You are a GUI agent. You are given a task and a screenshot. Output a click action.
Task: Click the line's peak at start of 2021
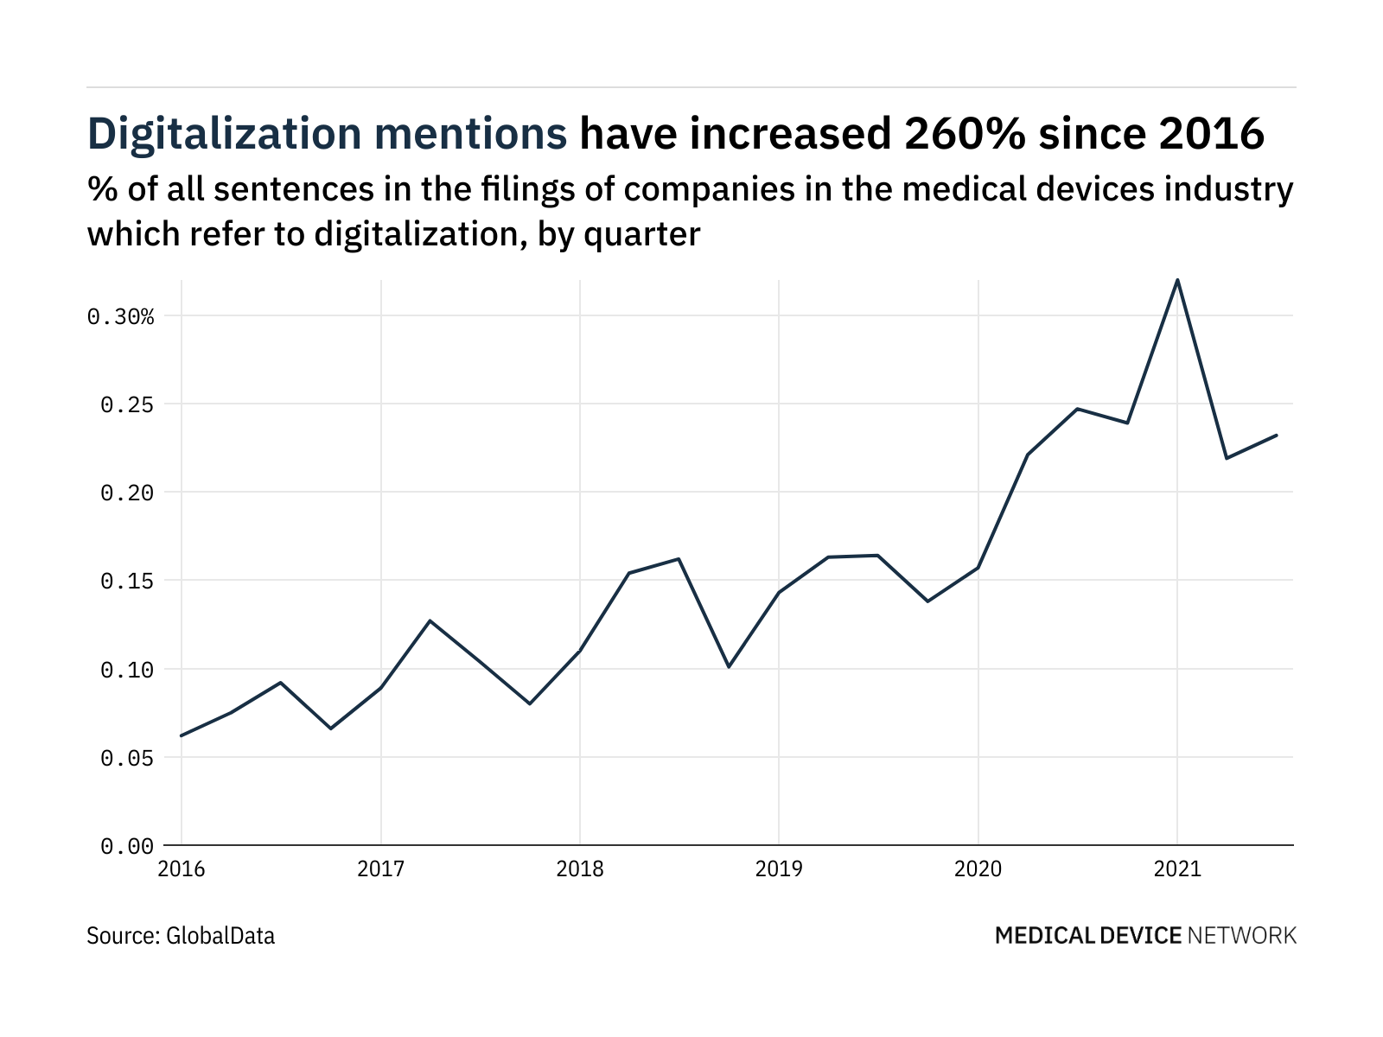[1177, 280]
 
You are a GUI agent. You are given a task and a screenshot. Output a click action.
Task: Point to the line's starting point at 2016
[182, 735]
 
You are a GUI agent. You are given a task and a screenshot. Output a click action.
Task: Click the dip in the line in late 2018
[729, 666]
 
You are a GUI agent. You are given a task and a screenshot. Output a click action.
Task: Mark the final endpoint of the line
[1277, 436]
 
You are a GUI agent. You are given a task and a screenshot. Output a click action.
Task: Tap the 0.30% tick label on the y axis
[120, 316]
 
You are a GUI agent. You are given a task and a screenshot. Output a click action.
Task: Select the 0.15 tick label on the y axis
[127, 581]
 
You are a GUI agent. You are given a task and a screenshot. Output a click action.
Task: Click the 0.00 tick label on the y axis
[127, 846]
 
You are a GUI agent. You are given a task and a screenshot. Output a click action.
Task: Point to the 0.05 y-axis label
[127, 758]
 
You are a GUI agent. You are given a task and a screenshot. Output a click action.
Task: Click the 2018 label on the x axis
[580, 868]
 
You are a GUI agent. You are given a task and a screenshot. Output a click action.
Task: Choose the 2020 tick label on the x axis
[978, 868]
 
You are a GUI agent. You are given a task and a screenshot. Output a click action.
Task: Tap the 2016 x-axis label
[182, 868]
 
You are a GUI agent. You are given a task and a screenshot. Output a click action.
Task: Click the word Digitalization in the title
[225, 135]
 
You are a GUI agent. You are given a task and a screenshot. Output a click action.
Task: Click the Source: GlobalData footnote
[181, 935]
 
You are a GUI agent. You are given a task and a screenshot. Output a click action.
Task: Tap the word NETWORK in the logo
[1242, 935]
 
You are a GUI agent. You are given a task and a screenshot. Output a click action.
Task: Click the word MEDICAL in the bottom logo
[1044, 935]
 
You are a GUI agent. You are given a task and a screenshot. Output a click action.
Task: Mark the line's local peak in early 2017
[430, 620]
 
